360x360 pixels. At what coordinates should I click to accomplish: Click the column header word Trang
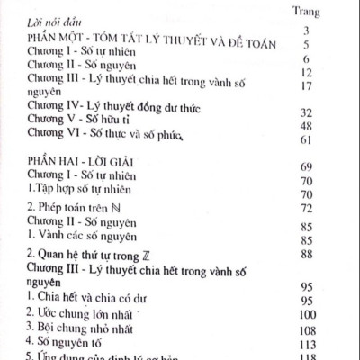click(321, 12)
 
